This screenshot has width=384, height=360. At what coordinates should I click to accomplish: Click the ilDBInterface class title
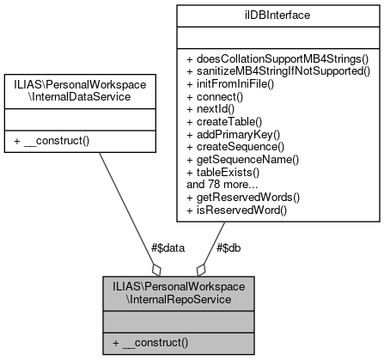coord(277,15)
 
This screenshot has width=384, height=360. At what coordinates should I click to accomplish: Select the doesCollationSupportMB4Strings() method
coord(277,58)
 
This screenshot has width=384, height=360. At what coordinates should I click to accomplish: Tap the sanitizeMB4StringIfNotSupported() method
coord(277,71)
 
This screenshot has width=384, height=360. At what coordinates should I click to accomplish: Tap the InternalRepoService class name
coord(178,292)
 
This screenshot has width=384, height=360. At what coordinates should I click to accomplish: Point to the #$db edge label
coord(228,247)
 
